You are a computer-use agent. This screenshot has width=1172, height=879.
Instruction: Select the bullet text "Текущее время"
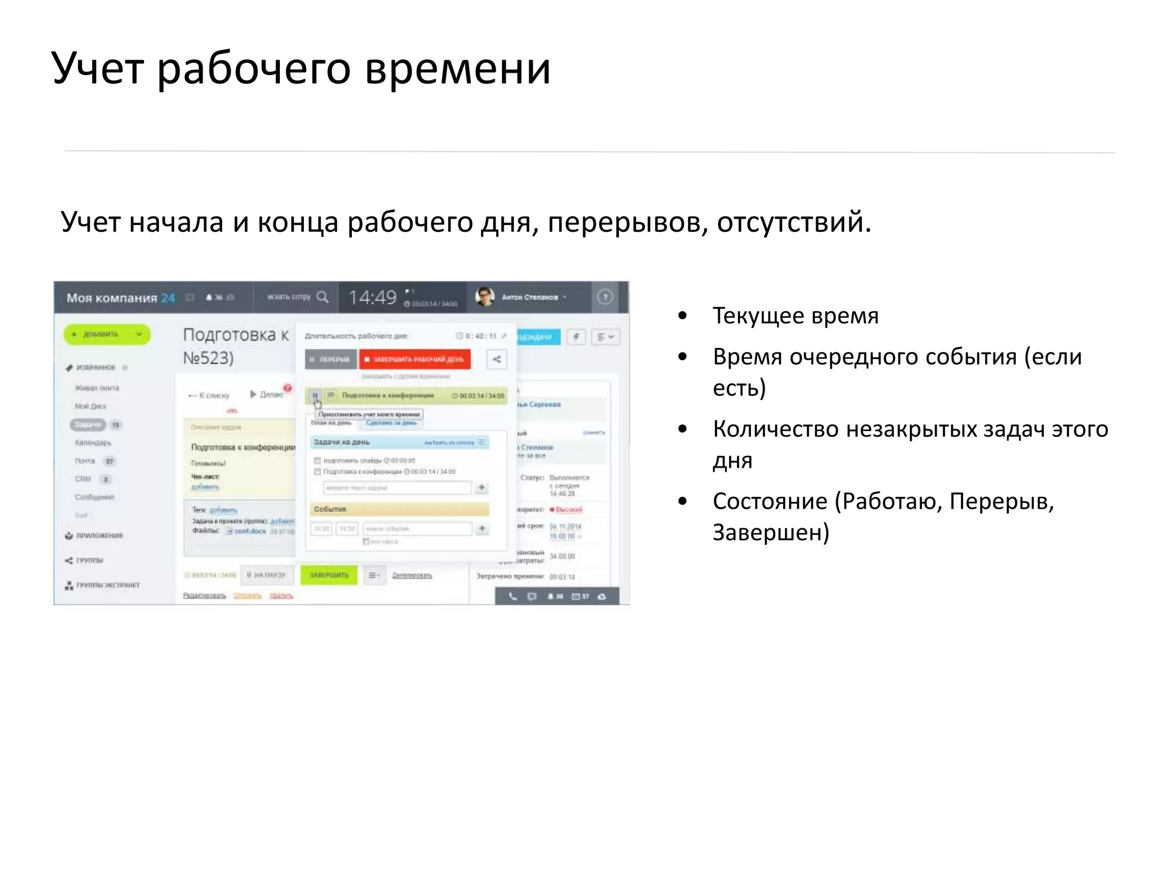click(795, 315)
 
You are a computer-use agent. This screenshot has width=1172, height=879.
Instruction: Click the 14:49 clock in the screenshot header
click(373, 297)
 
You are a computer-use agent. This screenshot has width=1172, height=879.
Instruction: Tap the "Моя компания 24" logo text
click(120, 298)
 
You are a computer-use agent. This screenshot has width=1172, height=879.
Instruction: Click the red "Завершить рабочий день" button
click(415, 359)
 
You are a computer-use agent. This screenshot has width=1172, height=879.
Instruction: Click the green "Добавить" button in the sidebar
click(106, 334)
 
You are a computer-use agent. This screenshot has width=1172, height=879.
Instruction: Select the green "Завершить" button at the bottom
click(329, 575)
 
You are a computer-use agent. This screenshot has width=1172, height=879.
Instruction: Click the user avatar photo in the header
click(485, 296)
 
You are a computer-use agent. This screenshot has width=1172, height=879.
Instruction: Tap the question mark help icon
click(605, 296)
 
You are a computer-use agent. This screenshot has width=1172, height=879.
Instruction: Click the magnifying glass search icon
click(323, 296)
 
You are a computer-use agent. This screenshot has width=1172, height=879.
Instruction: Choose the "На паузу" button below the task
click(267, 575)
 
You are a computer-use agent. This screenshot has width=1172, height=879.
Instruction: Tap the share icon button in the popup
click(497, 359)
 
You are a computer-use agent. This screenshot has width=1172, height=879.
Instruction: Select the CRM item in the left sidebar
click(83, 479)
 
